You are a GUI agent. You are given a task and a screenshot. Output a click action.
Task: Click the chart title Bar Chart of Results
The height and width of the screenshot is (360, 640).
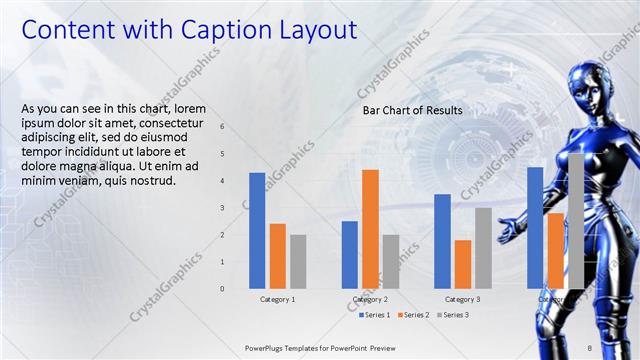click(412, 110)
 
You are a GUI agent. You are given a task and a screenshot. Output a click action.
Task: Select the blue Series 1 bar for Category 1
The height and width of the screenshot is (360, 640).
click(257, 230)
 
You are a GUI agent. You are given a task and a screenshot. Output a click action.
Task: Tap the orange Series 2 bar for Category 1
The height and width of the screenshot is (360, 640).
click(277, 255)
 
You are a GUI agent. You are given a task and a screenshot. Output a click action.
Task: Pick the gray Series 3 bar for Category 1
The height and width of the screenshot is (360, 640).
click(298, 261)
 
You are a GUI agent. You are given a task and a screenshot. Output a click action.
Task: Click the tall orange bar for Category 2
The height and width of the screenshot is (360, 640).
click(370, 229)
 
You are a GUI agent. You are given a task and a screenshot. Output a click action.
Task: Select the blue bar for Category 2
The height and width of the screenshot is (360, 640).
click(349, 254)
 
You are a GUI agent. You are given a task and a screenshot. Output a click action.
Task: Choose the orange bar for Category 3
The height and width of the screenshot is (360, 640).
click(462, 264)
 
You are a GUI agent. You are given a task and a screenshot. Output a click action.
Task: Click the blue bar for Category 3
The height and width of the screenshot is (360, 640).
click(442, 241)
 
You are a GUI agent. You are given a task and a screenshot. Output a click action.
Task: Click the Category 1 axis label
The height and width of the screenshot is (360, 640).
click(277, 299)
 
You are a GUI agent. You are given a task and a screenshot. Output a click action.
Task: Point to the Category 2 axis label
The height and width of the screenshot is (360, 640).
click(370, 299)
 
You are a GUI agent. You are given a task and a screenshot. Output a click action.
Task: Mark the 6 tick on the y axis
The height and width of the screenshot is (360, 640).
click(222, 127)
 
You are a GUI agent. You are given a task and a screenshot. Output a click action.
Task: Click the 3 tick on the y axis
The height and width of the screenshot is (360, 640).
click(222, 208)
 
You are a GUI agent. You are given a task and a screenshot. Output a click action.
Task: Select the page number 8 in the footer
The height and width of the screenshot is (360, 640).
click(589, 347)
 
